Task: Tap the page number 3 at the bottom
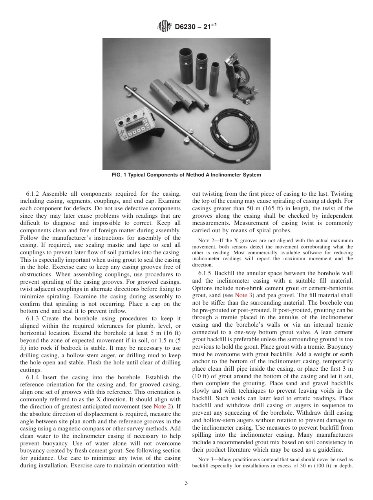click(x=186, y=483)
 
